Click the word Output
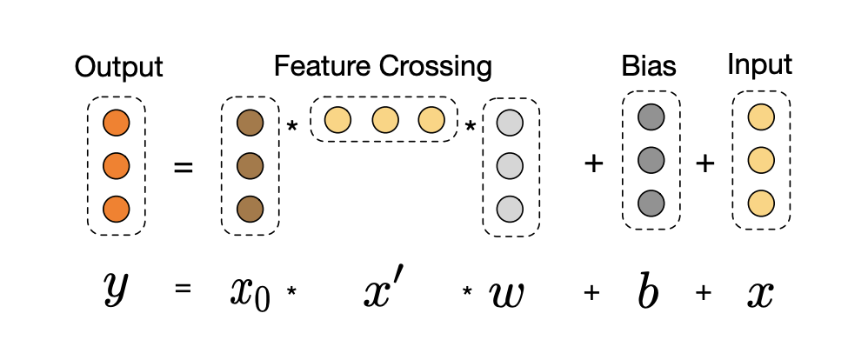pos(118,68)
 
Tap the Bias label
pos(649,66)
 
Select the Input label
pos(759,65)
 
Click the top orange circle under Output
pos(117,123)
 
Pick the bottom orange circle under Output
pos(117,210)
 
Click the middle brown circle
pos(250,165)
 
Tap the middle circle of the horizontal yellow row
pos(385,120)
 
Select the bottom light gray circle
pos(510,210)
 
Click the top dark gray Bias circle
pos(651,117)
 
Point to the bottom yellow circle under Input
pos(761,203)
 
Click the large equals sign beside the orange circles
pos(184,166)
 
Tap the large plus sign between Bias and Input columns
pos(704,163)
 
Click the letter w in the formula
pos(506,294)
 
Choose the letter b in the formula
pos(648,289)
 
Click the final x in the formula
pos(760,294)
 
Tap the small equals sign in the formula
pos(183,289)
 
